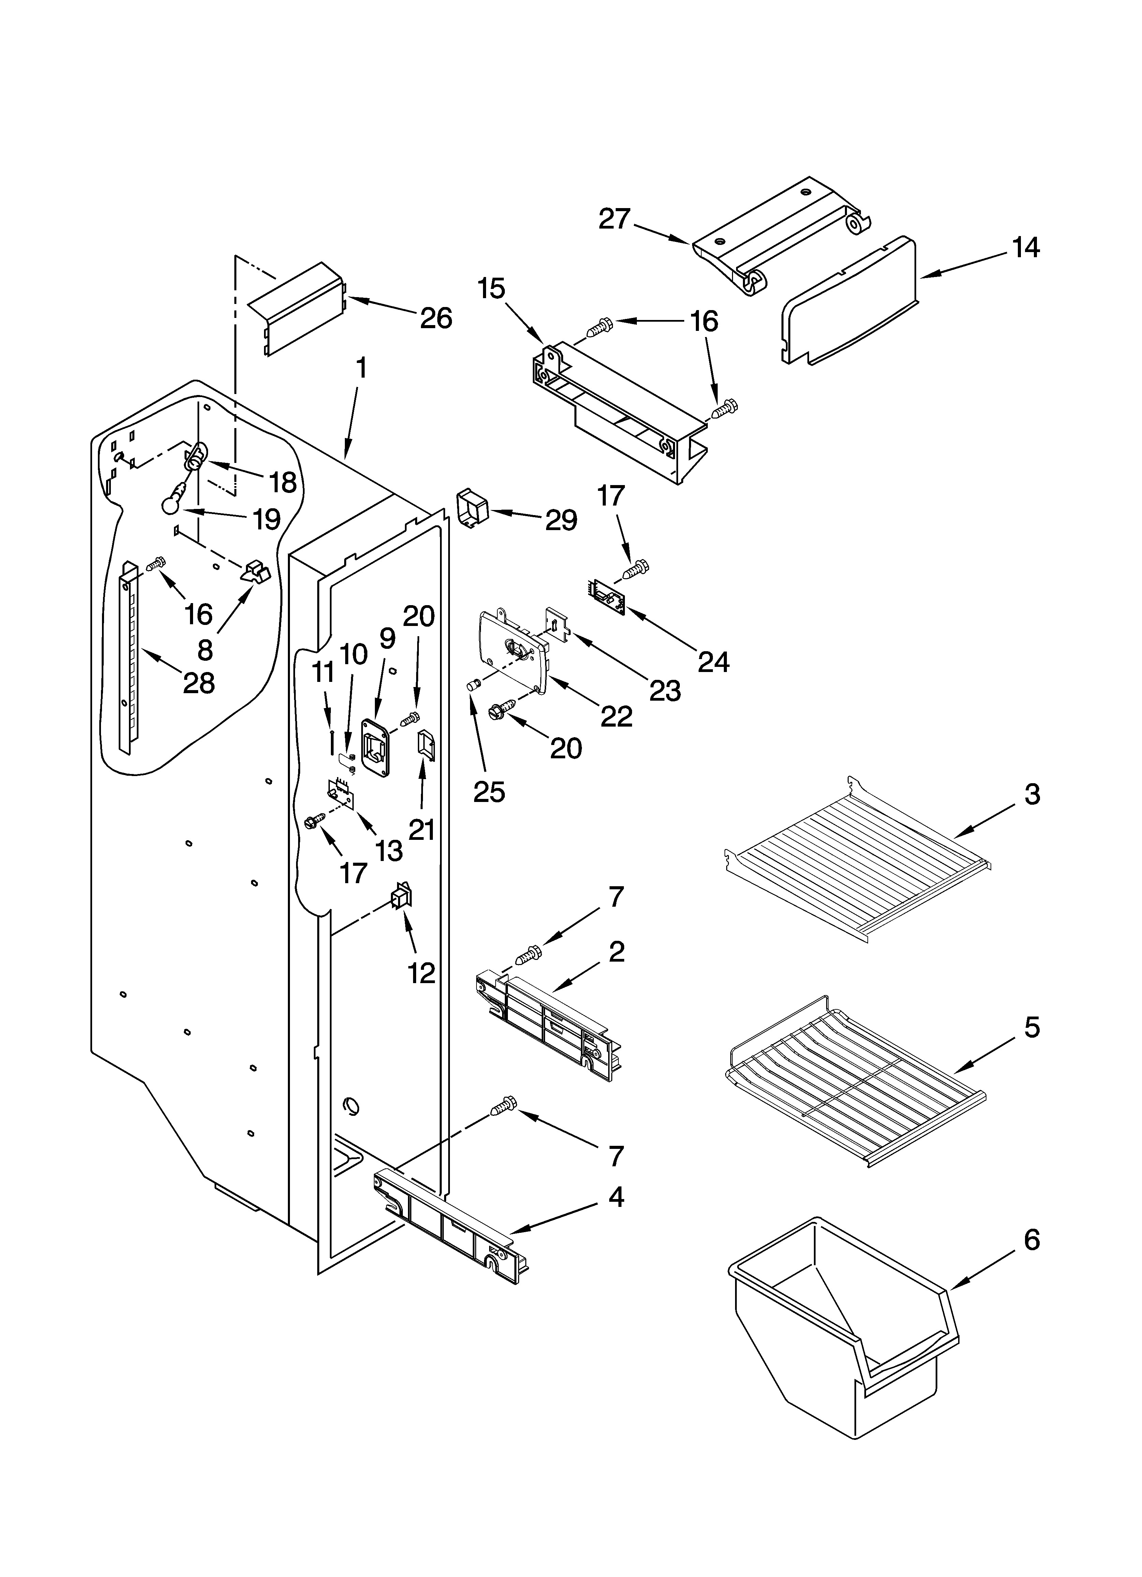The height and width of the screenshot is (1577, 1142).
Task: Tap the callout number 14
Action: [1026, 248]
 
